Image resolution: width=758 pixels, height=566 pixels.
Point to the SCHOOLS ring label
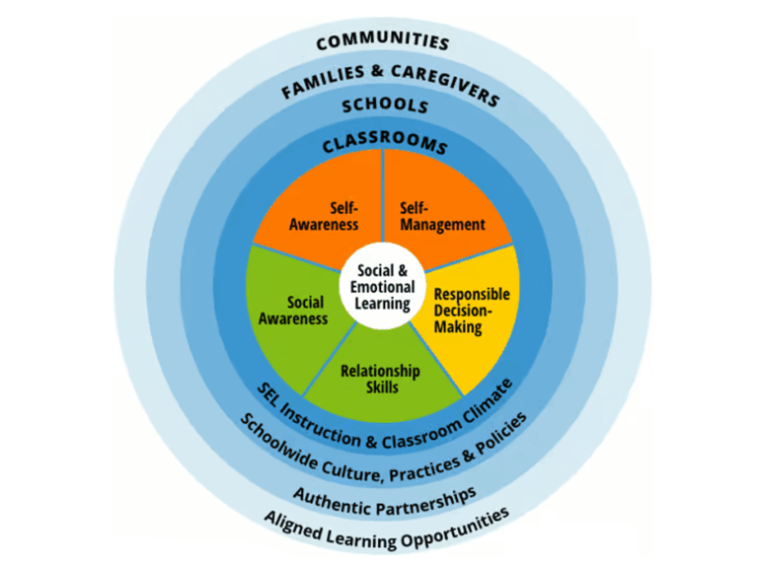click(384, 105)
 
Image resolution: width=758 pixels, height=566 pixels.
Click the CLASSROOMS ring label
click(384, 144)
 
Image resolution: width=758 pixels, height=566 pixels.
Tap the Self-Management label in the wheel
click(442, 217)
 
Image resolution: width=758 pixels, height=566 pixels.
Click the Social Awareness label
click(293, 311)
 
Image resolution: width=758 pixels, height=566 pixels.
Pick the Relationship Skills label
click(380, 379)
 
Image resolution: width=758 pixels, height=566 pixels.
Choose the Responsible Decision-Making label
click(471, 311)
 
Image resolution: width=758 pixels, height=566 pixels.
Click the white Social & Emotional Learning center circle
click(382, 286)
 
